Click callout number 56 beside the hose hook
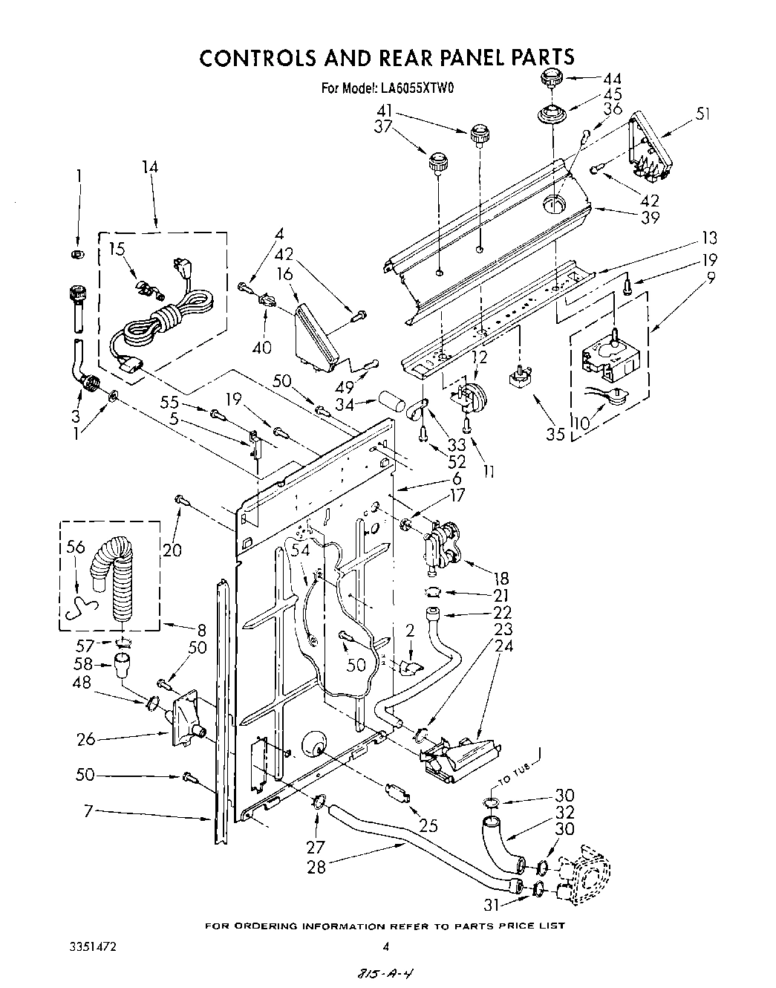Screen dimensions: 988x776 coord(75,546)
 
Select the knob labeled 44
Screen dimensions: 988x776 coord(552,77)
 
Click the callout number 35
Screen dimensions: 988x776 coord(555,434)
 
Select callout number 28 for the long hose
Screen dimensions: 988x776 coord(316,866)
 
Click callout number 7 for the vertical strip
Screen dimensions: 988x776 coord(88,812)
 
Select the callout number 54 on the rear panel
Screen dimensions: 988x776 coord(301,550)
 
